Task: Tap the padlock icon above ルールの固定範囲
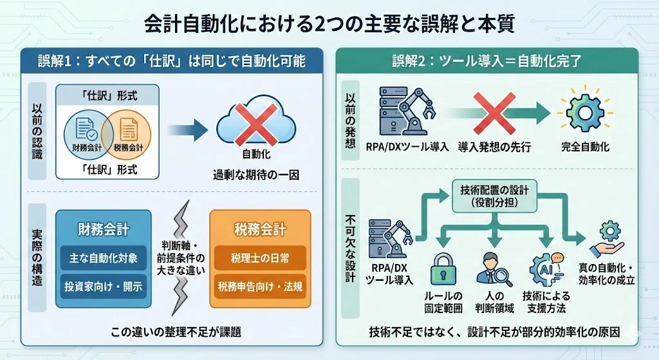(443, 270)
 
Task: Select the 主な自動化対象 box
(104, 258)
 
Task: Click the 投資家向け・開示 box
(104, 287)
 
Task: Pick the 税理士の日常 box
(260, 258)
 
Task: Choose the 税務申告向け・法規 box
(260, 287)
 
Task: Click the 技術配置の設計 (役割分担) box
(494, 196)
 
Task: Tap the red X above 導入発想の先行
(494, 113)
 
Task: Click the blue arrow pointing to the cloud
(187, 130)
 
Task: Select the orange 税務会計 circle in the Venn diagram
(126, 135)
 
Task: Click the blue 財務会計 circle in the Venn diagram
(88, 135)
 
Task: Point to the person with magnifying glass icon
(494, 270)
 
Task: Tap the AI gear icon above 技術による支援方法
(546, 270)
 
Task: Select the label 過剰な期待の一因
(256, 175)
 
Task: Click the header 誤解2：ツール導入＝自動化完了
(487, 61)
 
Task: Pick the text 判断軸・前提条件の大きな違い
(181, 258)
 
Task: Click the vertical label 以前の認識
(37, 131)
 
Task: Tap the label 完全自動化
(585, 147)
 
